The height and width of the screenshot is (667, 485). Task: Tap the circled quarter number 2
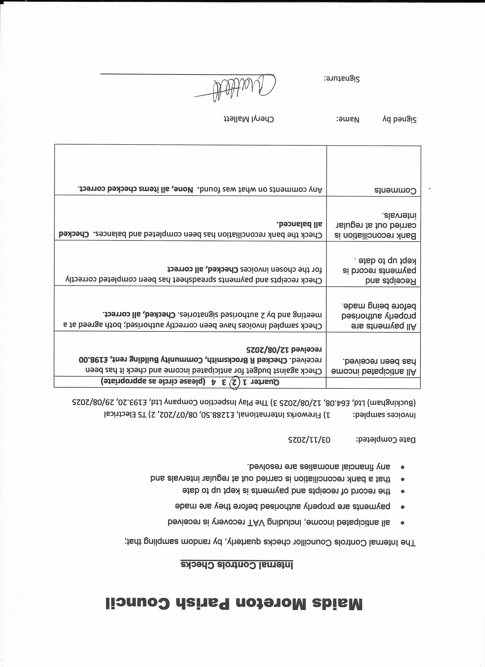234,382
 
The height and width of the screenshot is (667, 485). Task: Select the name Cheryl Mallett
249,119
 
